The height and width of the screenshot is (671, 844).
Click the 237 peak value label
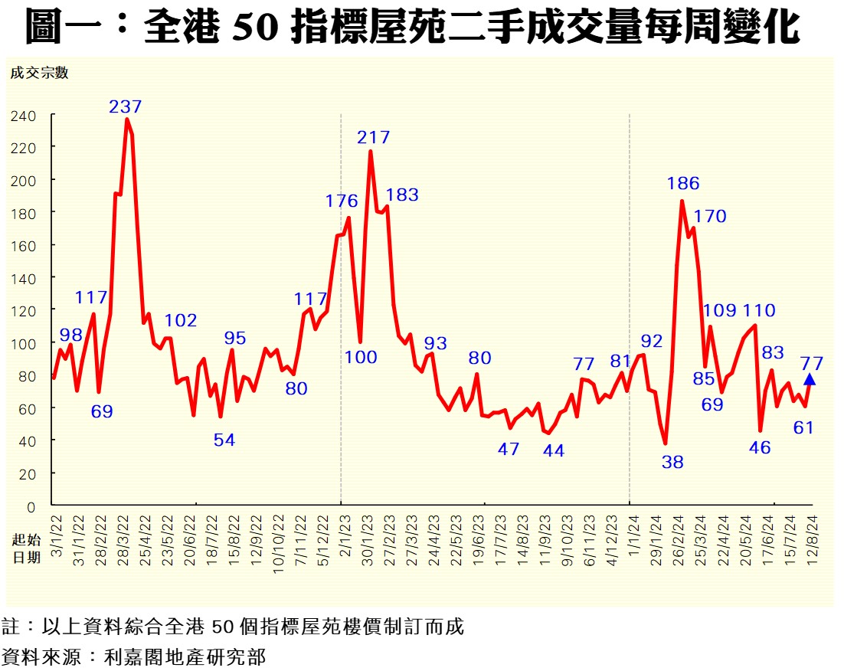point(126,106)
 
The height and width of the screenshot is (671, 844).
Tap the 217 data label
point(374,138)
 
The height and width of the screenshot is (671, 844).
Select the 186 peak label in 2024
point(683,183)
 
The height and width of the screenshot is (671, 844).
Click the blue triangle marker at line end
point(810,378)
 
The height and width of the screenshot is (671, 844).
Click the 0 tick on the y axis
point(31,507)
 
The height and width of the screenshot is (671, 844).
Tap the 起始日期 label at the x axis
point(26,548)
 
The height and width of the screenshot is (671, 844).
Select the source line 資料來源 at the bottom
point(134,656)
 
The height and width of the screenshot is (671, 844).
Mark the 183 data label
point(402,195)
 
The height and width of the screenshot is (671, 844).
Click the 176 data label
point(342,201)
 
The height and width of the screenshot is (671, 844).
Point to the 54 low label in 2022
point(224,440)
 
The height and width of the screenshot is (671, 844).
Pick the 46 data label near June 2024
point(760,448)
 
